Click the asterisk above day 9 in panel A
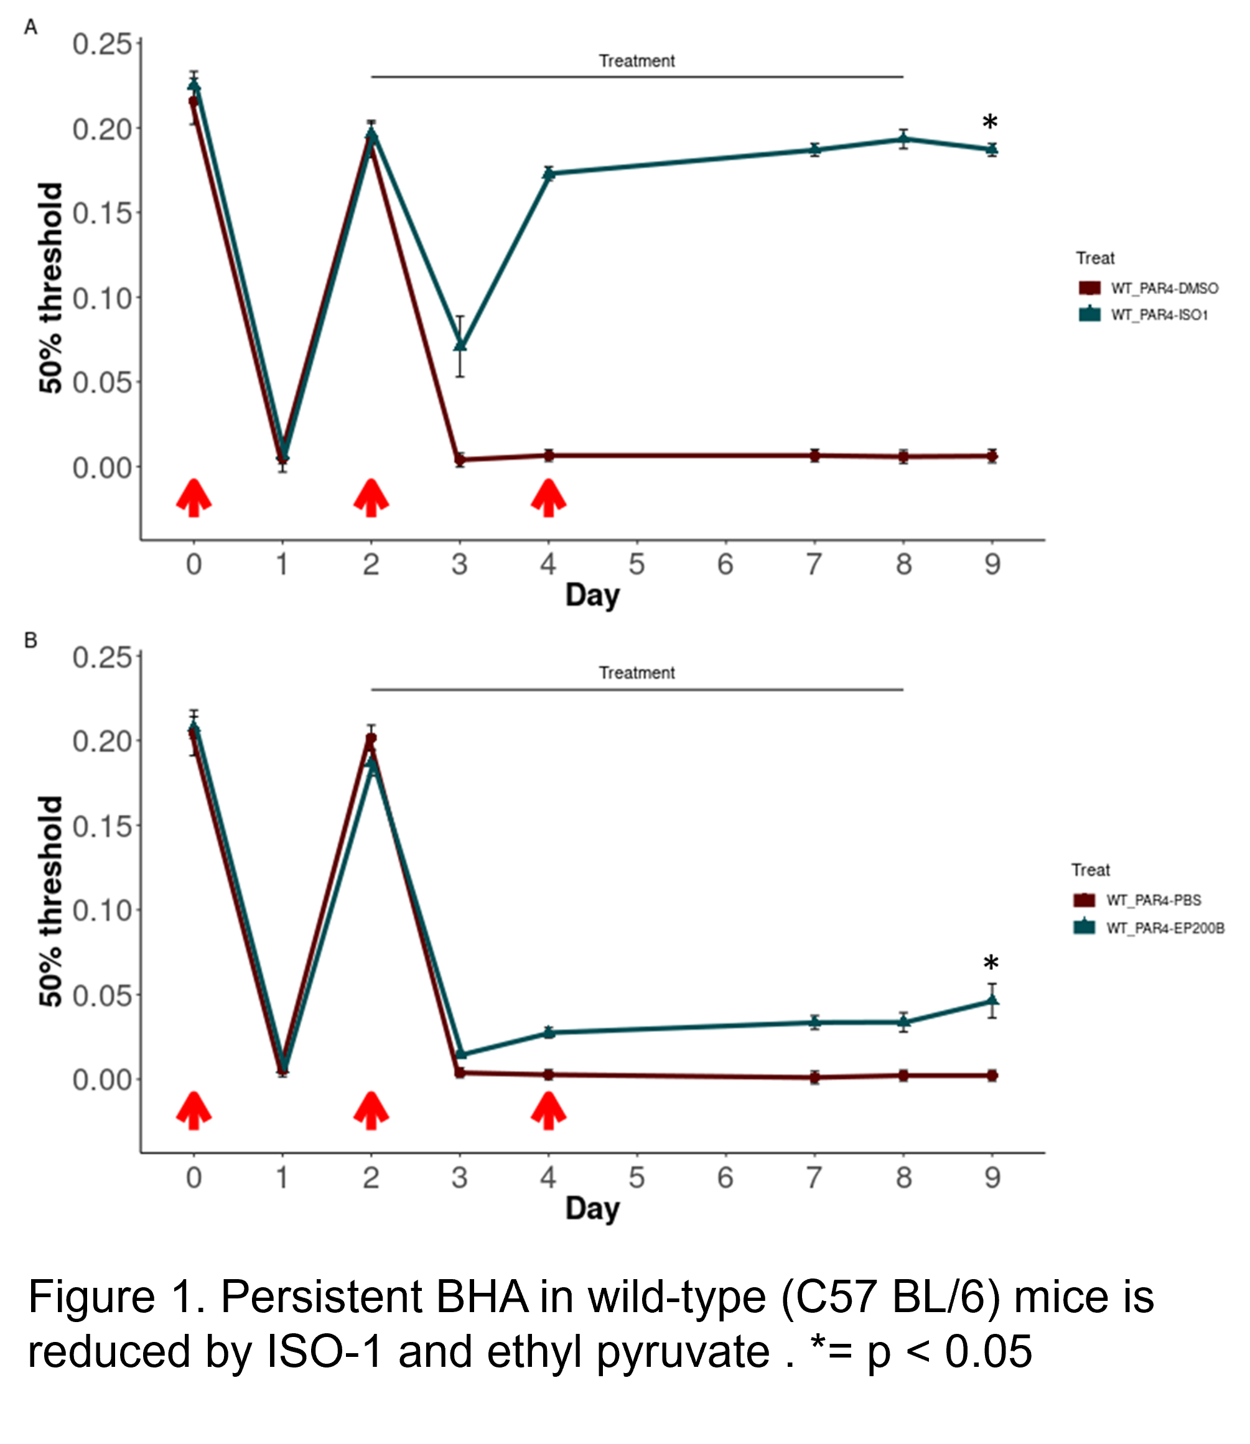[x=990, y=123]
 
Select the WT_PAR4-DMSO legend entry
[x=1164, y=288]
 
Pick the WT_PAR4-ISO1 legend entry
[x=1159, y=315]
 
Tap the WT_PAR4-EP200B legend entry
[x=1165, y=928]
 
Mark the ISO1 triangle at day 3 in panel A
[x=460, y=345]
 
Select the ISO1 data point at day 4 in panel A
[x=548, y=173]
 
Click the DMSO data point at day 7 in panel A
[x=814, y=455]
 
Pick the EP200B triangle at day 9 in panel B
[x=991, y=1000]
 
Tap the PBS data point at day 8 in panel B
[x=903, y=1076]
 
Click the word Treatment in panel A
[x=636, y=62]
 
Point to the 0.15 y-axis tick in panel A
[x=102, y=213]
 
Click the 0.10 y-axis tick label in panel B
[x=102, y=910]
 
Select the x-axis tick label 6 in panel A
[x=725, y=564]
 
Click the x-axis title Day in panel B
[x=592, y=1208]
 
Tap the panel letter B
[x=30, y=640]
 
